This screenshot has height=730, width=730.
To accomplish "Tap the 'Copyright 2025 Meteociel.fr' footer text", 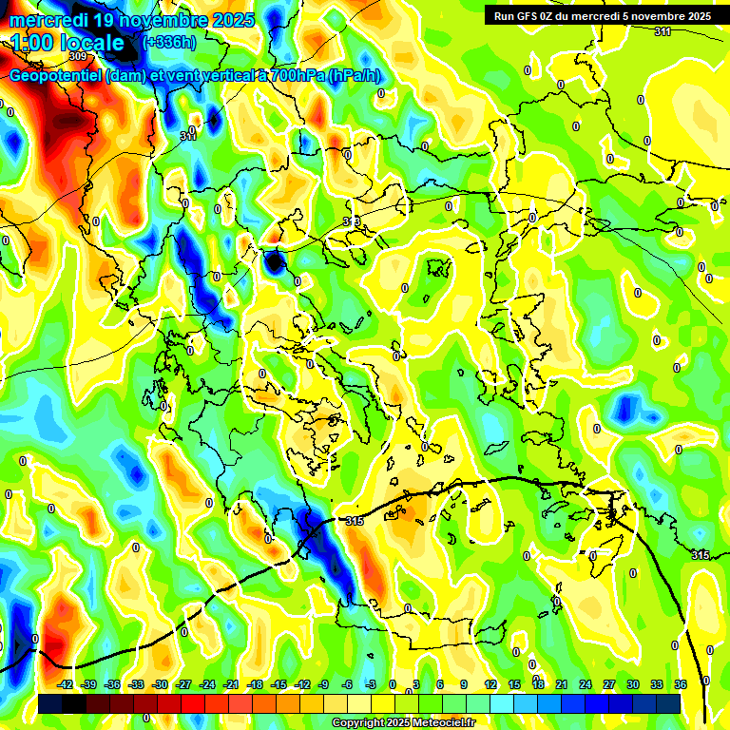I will coord(403,723).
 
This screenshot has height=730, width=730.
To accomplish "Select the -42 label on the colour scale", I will coord(66,684).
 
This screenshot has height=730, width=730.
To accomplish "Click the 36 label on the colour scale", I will coord(680,684).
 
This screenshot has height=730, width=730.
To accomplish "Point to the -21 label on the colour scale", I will coord(231,684).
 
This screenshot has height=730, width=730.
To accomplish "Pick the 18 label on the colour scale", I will coord(538,684).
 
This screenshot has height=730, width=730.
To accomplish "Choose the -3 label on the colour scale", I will coord(370,684).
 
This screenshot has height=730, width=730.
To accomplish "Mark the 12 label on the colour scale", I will coord(490,684).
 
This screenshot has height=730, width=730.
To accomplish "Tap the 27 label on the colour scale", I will coord(608,684).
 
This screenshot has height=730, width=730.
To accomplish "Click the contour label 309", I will coord(77,56).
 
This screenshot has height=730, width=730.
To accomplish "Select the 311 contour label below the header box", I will coord(663,31).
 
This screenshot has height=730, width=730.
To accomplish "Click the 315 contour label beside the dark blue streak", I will coord(355,521).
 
